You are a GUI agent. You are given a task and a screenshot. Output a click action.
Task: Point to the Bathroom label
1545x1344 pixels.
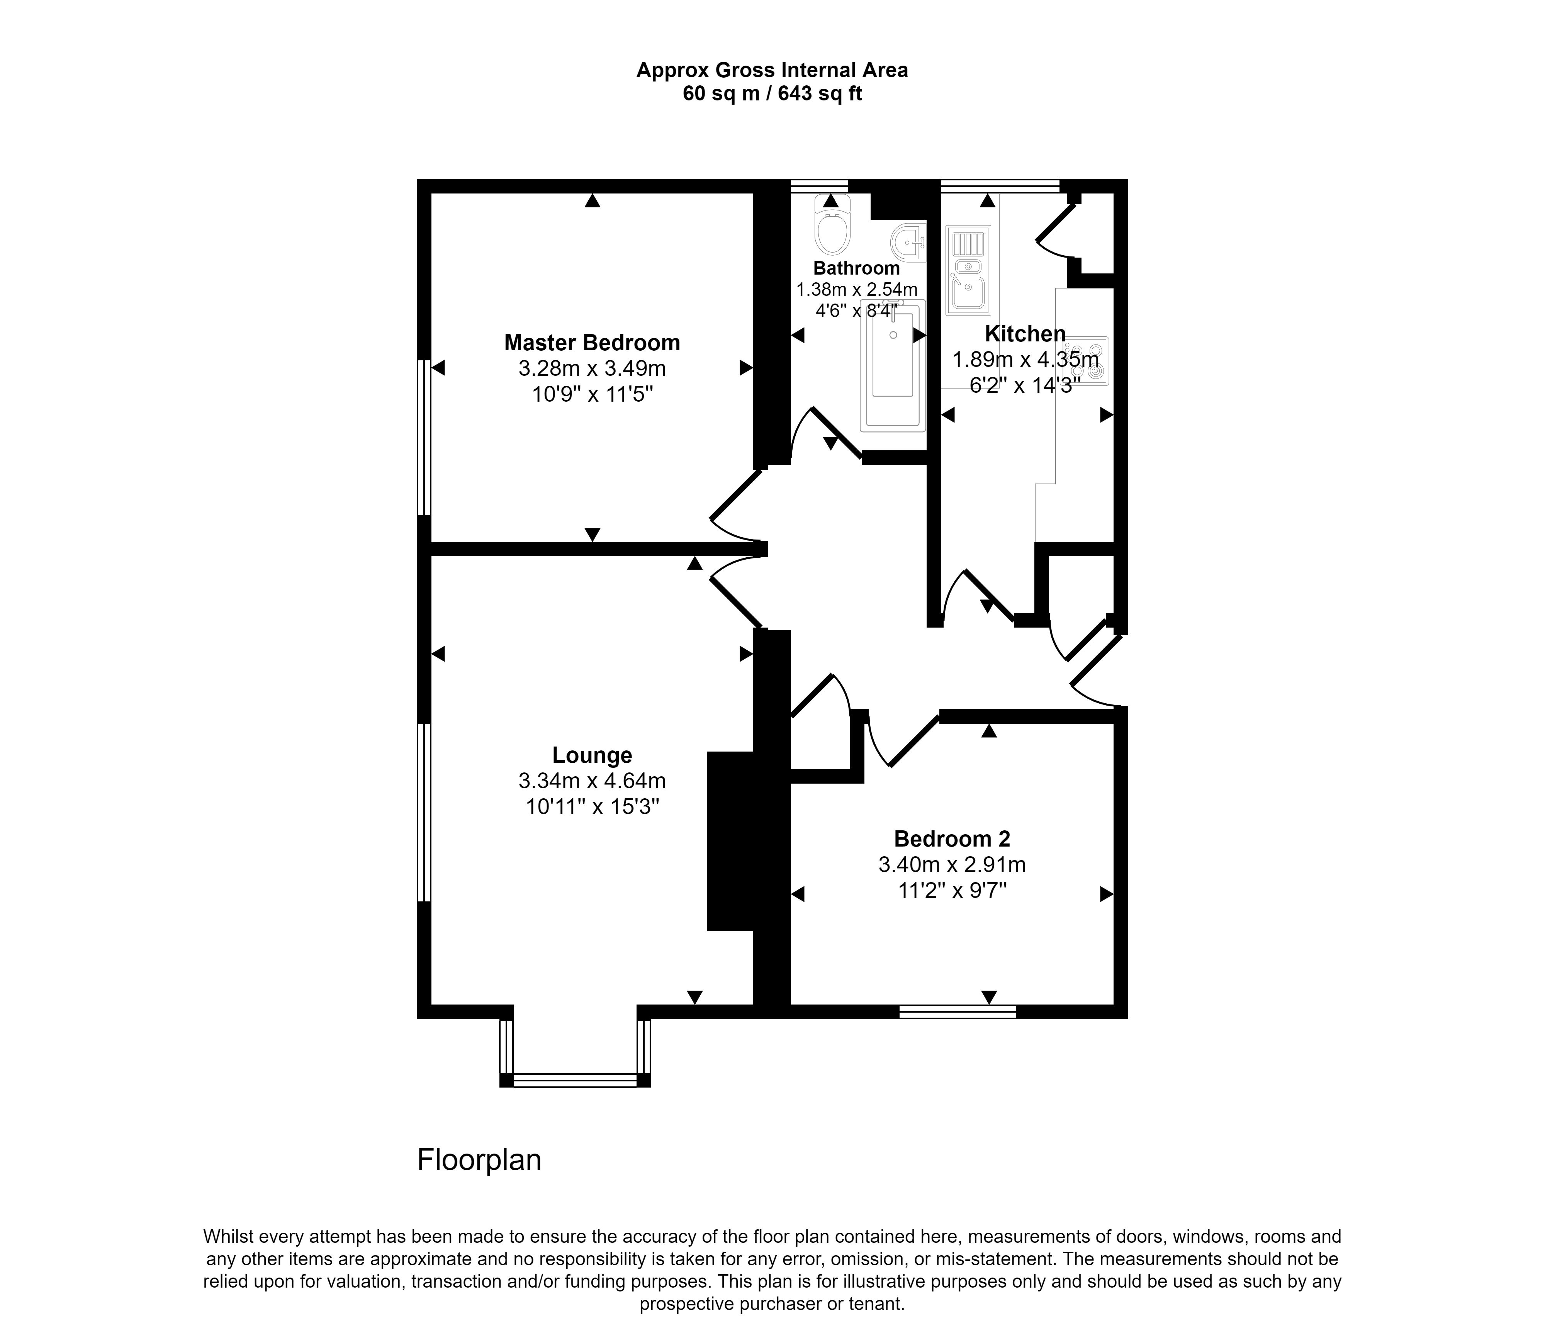point(856,268)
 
